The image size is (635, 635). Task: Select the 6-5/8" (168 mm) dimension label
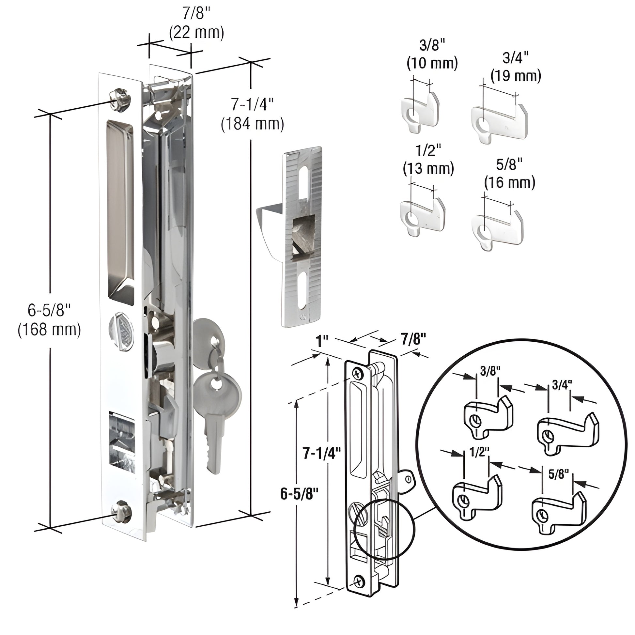pyautogui.click(x=49, y=320)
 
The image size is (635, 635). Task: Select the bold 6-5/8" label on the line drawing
pyautogui.click(x=300, y=494)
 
